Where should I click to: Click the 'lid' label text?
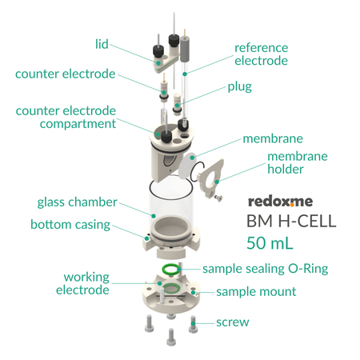point(102,43)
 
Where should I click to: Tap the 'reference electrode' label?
point(261,54)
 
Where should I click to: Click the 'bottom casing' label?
point(70,224)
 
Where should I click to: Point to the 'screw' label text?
point(233,322)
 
